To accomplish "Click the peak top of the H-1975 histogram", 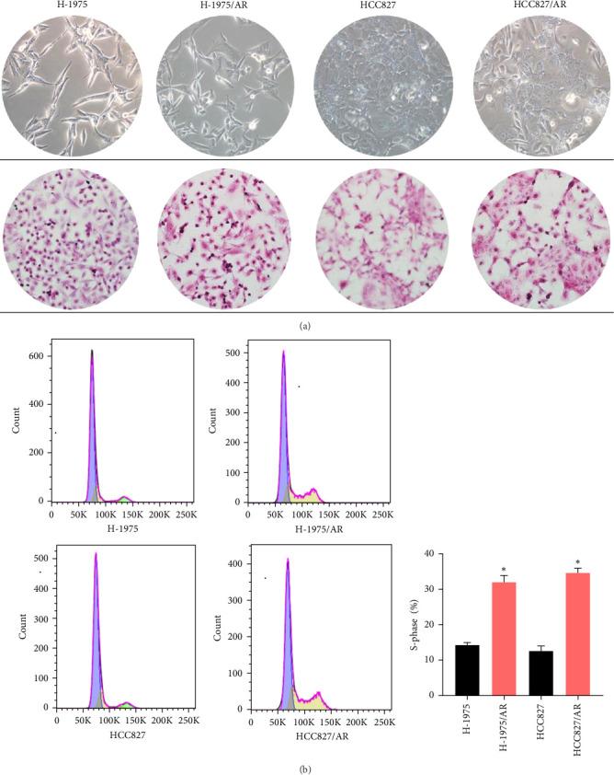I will point(92,351).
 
